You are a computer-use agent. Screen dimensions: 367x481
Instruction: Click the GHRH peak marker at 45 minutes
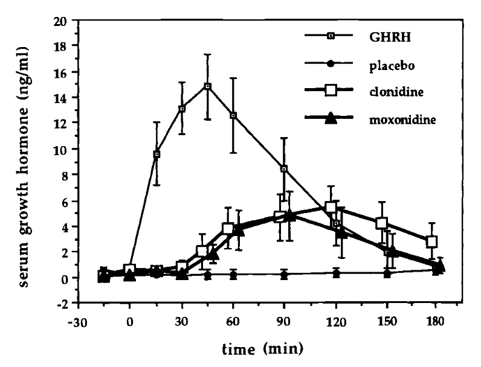tap(207, 86)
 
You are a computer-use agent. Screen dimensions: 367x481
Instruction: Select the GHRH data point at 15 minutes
tap(157, 155)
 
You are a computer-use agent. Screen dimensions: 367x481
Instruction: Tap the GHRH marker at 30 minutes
tap(182, 109)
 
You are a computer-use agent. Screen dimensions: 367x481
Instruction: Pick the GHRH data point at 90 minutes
tap(283, 169)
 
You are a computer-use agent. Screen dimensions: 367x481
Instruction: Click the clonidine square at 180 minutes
tap(431, 241)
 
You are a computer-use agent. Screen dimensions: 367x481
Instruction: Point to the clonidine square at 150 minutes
tap(381, 223)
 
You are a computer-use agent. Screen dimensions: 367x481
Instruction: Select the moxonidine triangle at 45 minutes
tap(212, 255)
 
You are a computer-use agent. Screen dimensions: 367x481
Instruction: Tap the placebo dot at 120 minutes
tap(336, 273)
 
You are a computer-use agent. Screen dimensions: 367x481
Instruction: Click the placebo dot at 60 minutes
tap(233, 274)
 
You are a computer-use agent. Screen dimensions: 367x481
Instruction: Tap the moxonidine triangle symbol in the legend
tap(331, 119)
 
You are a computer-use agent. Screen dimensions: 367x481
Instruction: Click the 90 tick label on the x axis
tap(283, 320)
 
